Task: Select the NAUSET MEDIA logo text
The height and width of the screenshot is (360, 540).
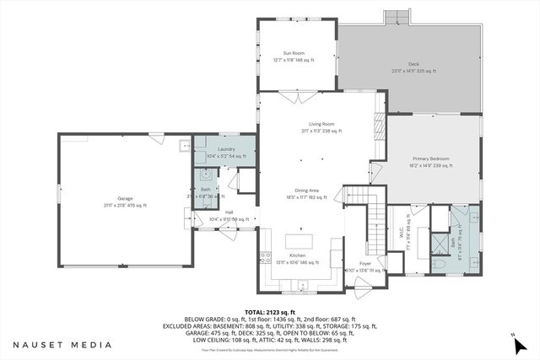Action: click(x=62, y=345)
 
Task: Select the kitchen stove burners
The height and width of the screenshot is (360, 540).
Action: click(x=264, y=256)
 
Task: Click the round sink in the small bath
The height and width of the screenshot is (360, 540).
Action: click(x=203, y=177)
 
